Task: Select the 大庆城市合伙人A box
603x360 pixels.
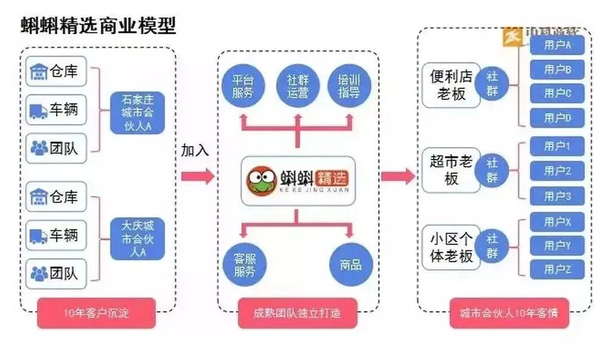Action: [138, 238]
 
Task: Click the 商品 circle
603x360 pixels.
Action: [349, 265]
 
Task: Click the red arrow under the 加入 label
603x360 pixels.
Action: [197, 176]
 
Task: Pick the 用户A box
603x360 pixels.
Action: [557, 45]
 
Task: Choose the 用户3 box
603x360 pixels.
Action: [557, 196]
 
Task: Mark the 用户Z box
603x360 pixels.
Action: [557, 269]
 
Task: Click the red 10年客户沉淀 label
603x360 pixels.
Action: [96, 313]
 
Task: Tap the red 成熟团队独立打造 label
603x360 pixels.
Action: [297, 313]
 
